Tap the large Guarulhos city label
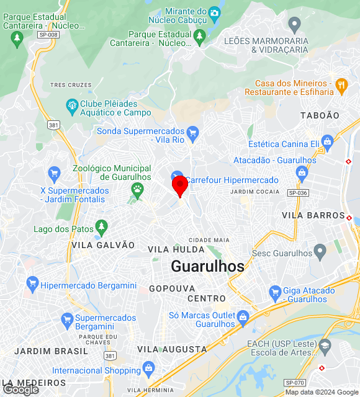pyautogui.click(x=207, y=266)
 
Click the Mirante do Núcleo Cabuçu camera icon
pyautogui.click(x=215, y=12)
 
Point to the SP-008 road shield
pyautogui.click(x=48, y=35)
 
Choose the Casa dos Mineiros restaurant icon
pyautogui.click(x=341, y=84)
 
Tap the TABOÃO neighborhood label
pyautogui.click(x=320, y=115)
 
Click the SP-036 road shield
pyautogui.click(x=298, y=193)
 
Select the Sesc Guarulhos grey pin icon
pyautogui.click(x=320, y=251)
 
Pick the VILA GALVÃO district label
pyautogui.click(x=103, y=245)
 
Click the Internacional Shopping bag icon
pyautogui.click(x=148, y=369)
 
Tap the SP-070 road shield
pyautogui.click(x=294, y=383)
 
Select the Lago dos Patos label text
pyautogui.click(x=63, y=229)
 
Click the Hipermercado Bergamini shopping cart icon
pyautogui.click(x=32, y=285)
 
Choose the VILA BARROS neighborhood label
pyautogui.click(x=313, y=215)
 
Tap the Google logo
pyautogui.click(x=20, y=389)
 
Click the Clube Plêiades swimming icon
pyautogui.click(x=72, y=106)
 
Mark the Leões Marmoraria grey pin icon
pyautogui.click(x=294, y=24)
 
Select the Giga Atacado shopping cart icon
pyautogui.click(x=275, y=292)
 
